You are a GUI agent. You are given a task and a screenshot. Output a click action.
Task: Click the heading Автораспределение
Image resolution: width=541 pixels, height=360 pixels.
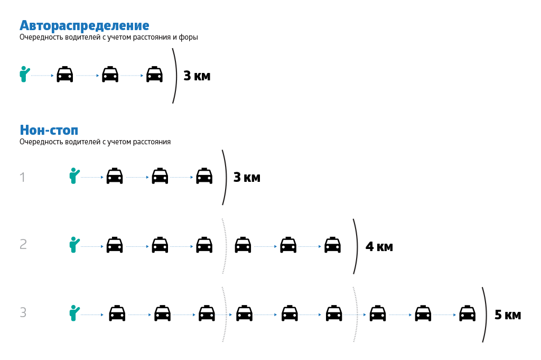click(85, 25)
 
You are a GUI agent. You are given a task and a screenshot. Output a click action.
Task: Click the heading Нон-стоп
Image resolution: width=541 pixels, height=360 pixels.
click(49, 130)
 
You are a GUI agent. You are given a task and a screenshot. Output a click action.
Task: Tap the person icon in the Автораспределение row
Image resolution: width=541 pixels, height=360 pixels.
click(24, 75)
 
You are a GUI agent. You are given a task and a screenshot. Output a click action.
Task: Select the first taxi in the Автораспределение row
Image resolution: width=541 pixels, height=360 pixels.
click(64, 75)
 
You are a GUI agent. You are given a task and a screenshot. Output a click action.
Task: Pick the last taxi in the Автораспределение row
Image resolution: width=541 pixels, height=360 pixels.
click(154, 75)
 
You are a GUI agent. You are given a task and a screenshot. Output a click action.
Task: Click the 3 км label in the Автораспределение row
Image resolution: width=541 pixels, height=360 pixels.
click(197, 76)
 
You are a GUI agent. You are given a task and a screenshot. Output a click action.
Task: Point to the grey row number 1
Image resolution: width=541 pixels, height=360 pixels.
click(22, 178)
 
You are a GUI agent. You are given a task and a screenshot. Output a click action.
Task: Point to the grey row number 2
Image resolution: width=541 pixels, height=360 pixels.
click(23, 244)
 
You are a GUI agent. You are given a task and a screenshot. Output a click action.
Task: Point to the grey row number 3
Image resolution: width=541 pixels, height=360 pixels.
click(23, 313)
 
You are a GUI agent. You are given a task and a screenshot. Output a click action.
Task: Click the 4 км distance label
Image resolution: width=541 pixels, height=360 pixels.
click(379, 247)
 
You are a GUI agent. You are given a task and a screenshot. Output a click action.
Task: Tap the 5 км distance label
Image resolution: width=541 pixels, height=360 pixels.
click(508, 315)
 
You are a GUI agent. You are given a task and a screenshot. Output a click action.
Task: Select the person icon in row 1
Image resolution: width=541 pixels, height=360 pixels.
click(74, 176)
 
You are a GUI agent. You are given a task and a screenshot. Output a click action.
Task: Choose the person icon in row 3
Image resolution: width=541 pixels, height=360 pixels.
click(74, 313)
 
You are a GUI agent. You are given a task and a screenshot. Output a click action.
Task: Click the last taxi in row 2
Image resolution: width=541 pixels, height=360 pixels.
click(332, 245)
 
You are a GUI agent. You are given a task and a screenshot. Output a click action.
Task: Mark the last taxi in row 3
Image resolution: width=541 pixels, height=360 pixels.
click(467, 313)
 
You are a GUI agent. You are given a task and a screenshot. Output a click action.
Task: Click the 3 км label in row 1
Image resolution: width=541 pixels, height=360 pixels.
click(247, 178)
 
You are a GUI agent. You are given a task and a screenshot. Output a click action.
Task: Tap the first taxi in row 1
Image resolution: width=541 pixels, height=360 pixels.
click(115, 176)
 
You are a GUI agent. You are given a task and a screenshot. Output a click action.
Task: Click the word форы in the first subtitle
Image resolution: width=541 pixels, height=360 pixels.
click(189, 38)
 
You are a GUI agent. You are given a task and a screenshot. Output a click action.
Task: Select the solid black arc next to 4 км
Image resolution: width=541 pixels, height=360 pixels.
click(356, 246)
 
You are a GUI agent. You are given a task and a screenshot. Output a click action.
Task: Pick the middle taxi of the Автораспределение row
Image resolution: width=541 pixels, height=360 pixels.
click(110, 75)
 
